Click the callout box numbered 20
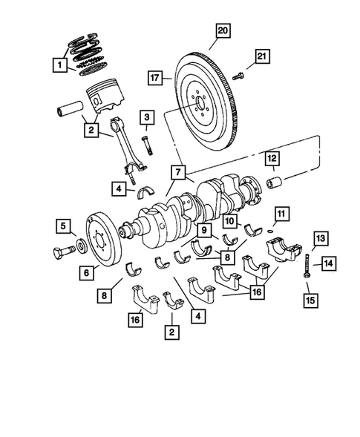pyautogui.click(x=222, y=30)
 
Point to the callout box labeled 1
pyautogui.click(x=58, y=66)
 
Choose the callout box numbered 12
pyautogui.click(x=272, y=157)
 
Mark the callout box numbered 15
pyautogui.click(x=308, y=300)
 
